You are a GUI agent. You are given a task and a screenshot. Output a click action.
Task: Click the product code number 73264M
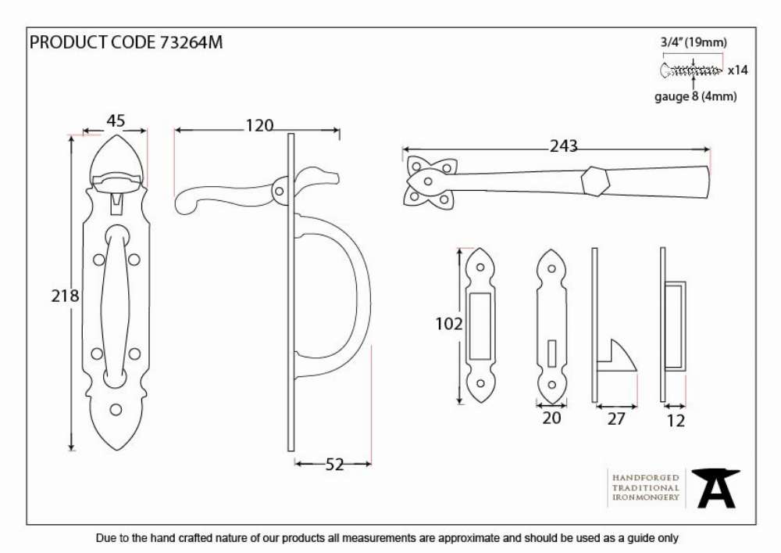(x=191, y=42)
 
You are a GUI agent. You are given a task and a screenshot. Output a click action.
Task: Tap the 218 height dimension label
(x=66, y=296)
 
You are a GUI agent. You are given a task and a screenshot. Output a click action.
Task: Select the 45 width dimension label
(x=116, y=120)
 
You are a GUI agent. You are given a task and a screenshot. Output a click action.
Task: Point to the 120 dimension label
(x=259, y=126)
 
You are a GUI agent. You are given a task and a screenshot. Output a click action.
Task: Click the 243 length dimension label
(x=563, y=146)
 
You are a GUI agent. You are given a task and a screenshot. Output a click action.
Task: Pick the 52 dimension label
(x=335, y=465)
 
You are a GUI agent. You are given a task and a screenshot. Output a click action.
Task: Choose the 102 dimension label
(x=449, y=324)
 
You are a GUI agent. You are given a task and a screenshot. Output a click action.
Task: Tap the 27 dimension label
(x=616, y=419)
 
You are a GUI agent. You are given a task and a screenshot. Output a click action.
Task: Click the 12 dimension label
(x=676, y=421)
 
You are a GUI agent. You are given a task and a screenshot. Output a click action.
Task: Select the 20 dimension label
(x=551, y=418)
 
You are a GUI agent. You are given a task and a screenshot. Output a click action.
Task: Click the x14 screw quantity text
(x=738, y=70)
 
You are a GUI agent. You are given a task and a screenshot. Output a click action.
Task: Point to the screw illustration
(x=691, y=70)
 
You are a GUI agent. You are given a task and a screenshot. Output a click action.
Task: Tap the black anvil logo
(x=715, y=488)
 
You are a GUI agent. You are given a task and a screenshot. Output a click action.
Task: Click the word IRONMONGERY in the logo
(x=646, y=497)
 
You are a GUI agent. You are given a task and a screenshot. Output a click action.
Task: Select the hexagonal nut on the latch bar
(x=595, y=181)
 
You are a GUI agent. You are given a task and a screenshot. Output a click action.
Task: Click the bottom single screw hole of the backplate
(x=116, y=410)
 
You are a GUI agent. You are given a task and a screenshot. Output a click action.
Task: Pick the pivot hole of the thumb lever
(x=280, y=191)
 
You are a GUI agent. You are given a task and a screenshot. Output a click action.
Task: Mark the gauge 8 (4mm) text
(x=695, y=96)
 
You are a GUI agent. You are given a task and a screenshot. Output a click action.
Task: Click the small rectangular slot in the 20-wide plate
(x=551, y=353)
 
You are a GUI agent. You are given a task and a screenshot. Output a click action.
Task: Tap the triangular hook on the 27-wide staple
(x=621, y=356)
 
